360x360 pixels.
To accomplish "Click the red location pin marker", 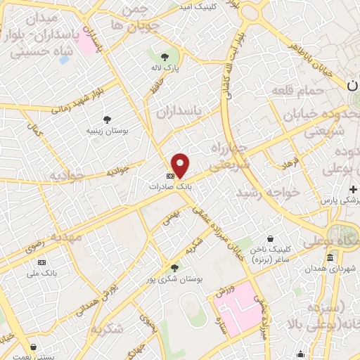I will coord(181,165).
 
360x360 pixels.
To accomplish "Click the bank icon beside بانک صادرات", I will coord(170,176).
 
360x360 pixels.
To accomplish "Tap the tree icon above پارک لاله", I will coord(165,57).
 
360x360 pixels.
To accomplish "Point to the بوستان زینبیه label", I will coord(107,131).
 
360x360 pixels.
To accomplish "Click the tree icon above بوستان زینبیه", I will coord(107,120).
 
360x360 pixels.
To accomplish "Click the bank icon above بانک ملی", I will coord(42,262).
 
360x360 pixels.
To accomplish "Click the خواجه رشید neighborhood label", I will coord(267,192).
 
